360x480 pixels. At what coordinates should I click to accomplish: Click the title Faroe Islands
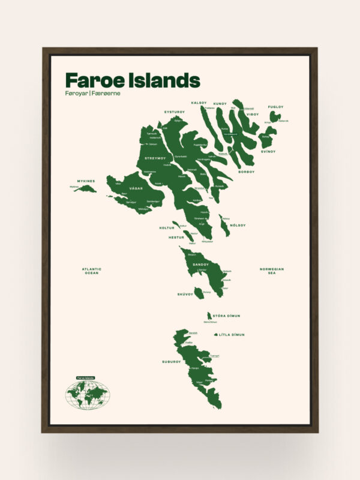tap(132, 80)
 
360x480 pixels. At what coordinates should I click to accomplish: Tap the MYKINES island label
tap(86, 181)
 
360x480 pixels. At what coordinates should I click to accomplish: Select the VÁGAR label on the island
tap(127, 188)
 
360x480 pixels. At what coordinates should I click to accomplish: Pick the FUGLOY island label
tap(275, 107)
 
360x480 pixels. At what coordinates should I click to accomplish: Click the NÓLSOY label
tap(238, 225)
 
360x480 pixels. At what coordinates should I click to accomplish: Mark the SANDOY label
tap(200, 264)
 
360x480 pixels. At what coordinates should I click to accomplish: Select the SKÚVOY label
tap(185, 294)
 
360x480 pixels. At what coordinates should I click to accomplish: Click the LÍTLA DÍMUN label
tap(232, 335)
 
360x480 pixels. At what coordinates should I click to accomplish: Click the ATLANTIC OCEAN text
tap(92, 271)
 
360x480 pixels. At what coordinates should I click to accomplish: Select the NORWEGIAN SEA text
tap(271, 271)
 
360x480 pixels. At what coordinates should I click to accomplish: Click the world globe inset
tap(88, 395)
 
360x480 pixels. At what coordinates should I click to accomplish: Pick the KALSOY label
tap(199, 103)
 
